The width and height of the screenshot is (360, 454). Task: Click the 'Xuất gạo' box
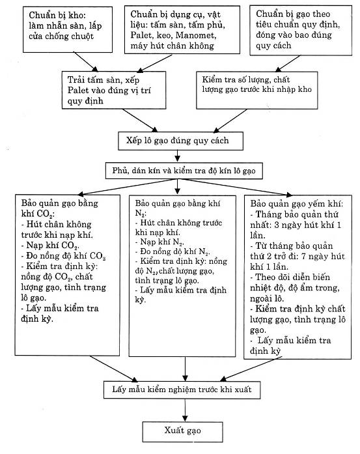pyautogui.click(x=182, y=431)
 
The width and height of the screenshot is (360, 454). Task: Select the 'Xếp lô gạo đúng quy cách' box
pyautogui.click(x=180, y=141)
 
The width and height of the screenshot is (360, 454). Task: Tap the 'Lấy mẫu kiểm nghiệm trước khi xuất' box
pyautogui.click(x=182, y=390)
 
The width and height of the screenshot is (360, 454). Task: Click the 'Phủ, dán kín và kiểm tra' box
pyautogui.click(x=184, y=171)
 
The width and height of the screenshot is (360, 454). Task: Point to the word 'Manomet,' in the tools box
pyautogui.click(x=196, y=35)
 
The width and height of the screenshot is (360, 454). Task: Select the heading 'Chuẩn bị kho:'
pyautogui.click(x=57, y=15)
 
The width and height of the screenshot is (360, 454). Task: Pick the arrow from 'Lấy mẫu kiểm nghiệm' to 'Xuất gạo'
pyautogui.click(x=185, y=410)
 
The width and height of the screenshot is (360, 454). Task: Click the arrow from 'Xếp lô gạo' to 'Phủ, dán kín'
pyautogui.click(x=177, y=156)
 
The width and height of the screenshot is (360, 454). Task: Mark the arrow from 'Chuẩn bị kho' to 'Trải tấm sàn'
pyautogui.click(x=86, y=62)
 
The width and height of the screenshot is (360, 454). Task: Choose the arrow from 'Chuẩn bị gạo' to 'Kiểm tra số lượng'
pyautogui.click(x=288, y=63)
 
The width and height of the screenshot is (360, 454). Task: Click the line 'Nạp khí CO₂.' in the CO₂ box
pyautogui.click(x=50, y=246)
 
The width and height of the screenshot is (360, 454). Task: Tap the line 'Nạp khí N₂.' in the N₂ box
pyautogui.click(x=159, y=242)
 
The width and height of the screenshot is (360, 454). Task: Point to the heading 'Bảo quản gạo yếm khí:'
pyautogui.click(x=297, y=204)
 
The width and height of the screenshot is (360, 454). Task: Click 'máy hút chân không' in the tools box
pyautogui.click(x=172, y=46)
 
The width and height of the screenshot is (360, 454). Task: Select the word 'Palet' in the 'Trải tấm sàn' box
pyautogui.click(x=78, y=90)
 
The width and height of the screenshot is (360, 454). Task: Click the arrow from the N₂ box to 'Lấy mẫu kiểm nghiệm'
pyautogui.click(x=186, y=369)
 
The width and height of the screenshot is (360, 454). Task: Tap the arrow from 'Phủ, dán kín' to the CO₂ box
pyautogui.click(x=128, y=187)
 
